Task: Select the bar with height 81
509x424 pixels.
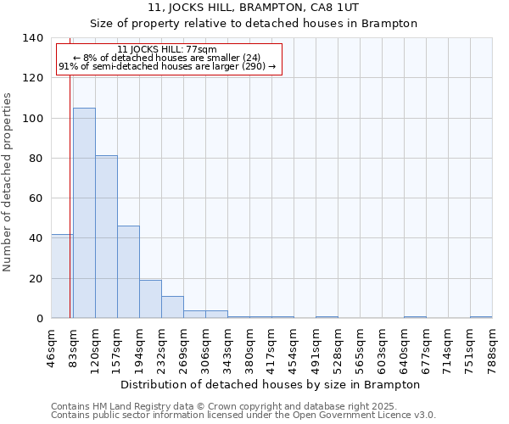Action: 106,237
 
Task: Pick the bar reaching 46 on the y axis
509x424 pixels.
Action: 128,272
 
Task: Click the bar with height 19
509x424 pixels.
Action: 150,298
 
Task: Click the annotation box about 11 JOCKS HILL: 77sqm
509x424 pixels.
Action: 168,59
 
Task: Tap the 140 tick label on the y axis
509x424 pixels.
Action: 32,38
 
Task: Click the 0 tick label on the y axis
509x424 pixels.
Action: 39,319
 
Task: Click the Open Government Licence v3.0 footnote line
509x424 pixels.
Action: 243,415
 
